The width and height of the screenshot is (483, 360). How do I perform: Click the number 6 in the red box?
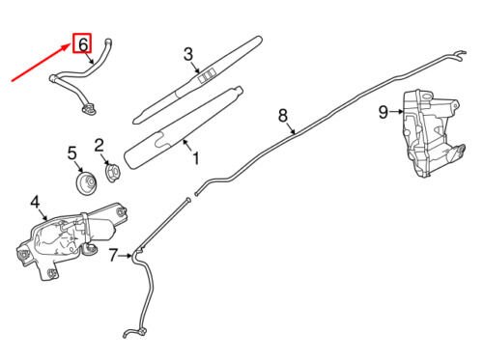point(83,43)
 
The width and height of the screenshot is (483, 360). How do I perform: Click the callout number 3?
point(188,54)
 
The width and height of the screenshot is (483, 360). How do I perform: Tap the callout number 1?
point(195,158)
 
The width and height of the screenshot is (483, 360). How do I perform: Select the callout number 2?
point(99,146)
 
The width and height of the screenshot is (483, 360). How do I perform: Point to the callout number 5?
point(72,153)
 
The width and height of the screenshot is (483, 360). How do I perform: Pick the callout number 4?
point(35,203)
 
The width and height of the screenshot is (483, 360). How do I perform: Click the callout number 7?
point(112,255)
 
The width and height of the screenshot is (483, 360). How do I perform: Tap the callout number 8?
point(282,116)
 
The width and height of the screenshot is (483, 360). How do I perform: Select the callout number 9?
point(383,113)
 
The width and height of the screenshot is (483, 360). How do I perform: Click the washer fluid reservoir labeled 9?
point(432,132)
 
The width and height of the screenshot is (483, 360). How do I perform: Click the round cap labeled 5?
point(86,183)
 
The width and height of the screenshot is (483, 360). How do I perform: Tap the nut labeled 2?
point(113,171)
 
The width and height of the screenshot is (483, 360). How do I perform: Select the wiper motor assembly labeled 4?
point(71,239)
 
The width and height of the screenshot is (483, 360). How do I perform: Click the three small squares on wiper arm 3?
point(206,77)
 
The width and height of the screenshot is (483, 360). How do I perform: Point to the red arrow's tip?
point(70,44)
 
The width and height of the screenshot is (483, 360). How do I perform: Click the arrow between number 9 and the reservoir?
point(396,112)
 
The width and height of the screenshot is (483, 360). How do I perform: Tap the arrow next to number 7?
point(126,256)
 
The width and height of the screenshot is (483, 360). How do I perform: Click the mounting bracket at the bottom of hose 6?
point(88,108)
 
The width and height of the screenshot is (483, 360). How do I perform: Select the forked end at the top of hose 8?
point(459,54)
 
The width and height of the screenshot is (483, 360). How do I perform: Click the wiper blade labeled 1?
point(184,127)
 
